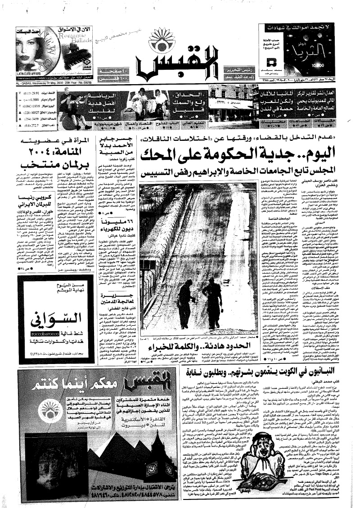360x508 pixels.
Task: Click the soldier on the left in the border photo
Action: pos(185,299)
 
